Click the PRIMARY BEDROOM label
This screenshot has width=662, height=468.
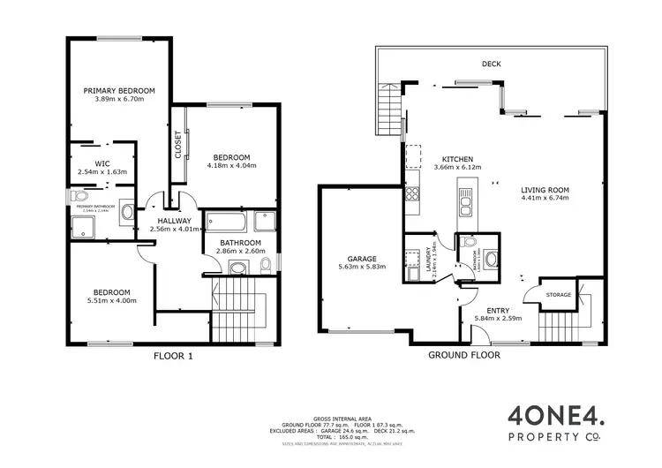(x=119, y=90)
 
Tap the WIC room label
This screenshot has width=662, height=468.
(x=102, y=162)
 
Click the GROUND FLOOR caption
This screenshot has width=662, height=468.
(x=464, y=355)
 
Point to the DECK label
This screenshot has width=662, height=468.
(x=493, y=64)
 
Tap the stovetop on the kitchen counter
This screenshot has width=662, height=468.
(x=411, y=192)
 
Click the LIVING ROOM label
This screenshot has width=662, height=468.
(x=545, y=190)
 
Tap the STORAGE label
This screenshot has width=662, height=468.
(x=559, y=295)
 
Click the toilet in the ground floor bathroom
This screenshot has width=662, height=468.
(x=469, y=241)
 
